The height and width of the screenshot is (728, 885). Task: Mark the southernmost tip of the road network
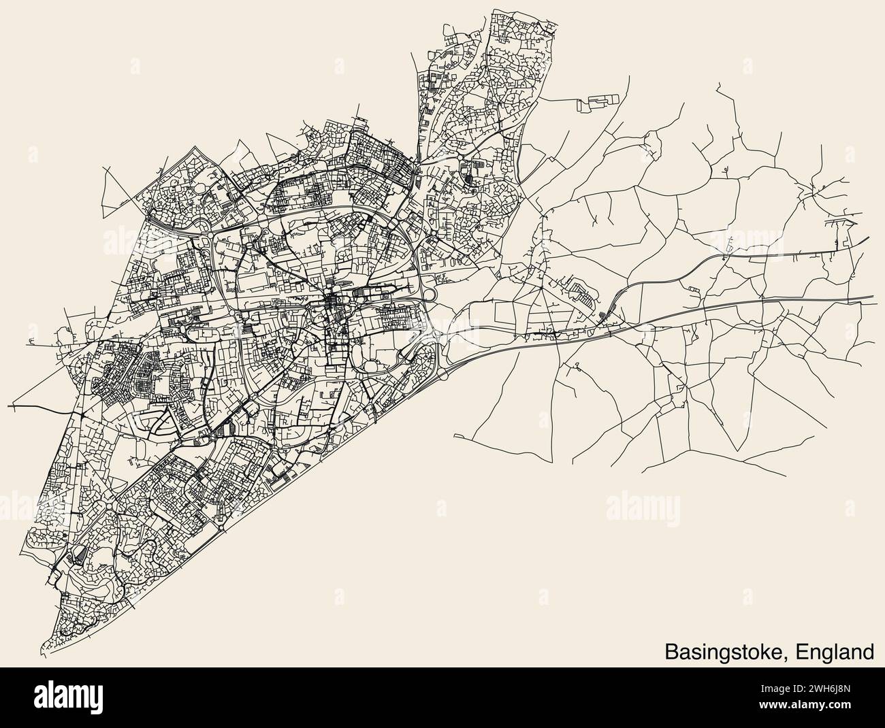coord(45,652)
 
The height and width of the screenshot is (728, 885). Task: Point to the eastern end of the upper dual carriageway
coord(869,239)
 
